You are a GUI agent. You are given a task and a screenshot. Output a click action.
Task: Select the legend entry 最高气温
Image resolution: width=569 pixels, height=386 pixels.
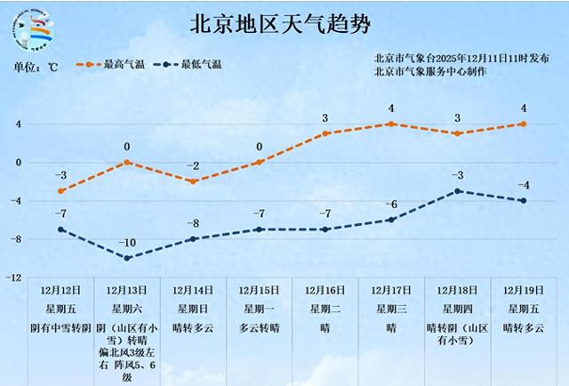[x=112, y=65]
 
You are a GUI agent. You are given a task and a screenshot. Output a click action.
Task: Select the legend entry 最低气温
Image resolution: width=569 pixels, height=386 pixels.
[x=188, y=65]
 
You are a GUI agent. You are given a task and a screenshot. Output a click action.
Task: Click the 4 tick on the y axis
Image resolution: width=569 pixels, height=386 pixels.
[x=17, y=124]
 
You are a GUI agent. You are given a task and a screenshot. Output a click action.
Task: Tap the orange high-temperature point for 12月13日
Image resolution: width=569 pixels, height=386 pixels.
[x=127, y=162]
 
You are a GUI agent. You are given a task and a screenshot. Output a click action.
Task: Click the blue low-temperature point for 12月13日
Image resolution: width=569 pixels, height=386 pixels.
[x=127, y=258]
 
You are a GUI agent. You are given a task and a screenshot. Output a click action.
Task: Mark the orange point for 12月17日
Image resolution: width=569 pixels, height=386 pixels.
[x=391, y=124]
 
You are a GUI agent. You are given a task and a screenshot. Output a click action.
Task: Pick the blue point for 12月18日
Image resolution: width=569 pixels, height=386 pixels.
[x=457, y=191]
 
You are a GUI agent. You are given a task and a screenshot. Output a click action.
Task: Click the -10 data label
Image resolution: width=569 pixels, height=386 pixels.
[x=127, y=243]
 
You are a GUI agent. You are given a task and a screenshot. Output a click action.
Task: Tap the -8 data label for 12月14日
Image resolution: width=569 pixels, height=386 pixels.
[x=193, y=223]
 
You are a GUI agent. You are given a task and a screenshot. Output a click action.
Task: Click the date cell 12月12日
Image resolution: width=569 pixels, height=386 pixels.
[x=60, y=291]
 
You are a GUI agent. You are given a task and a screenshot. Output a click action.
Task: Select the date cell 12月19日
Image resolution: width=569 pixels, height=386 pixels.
[x=523, y=291]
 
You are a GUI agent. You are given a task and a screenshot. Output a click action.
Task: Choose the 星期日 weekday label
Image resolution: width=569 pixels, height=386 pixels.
[x=193, y=309]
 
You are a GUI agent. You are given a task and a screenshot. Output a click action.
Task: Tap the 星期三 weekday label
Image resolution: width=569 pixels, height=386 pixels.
[x=391, y=309]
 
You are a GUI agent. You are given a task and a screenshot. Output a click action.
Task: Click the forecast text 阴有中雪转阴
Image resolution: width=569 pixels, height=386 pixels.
[x=60, y=326]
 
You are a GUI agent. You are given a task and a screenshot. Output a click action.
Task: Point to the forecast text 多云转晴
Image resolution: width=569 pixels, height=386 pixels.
[x=259, y=326]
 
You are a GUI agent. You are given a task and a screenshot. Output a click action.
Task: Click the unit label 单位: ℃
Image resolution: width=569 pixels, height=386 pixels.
[x=36, y=66]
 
